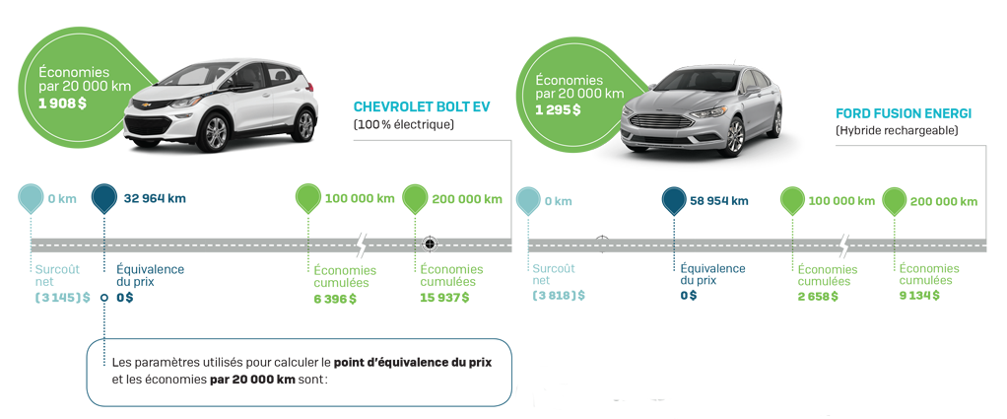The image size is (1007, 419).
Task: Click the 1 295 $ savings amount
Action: point(558,109)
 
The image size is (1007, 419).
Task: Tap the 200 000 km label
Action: point(468,199)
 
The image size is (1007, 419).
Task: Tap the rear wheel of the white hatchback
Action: point(304,124)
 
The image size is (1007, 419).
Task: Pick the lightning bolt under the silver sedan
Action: point(843,243)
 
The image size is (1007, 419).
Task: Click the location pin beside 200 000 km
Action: point(416,200)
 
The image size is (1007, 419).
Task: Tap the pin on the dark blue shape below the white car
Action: point(103,200)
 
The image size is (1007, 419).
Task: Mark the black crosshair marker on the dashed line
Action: point(430,243)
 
